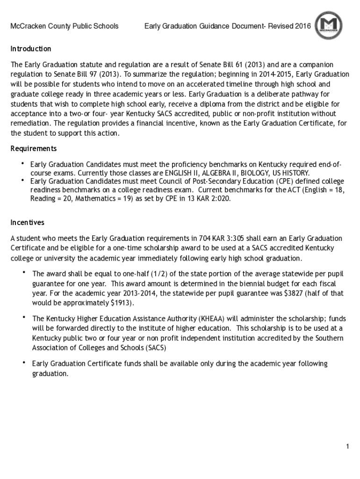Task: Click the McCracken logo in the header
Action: [x=328, y=26]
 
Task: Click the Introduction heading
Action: [x=31, y=49]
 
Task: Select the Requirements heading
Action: [x=34, y=149]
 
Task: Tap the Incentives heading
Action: [x=28, y=223]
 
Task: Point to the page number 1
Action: [x=347, y=447]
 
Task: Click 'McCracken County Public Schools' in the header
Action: [x=65, y=26]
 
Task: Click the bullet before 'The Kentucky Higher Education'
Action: [x=24, y=318]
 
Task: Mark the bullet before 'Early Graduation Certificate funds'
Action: [x=24, y=363]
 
